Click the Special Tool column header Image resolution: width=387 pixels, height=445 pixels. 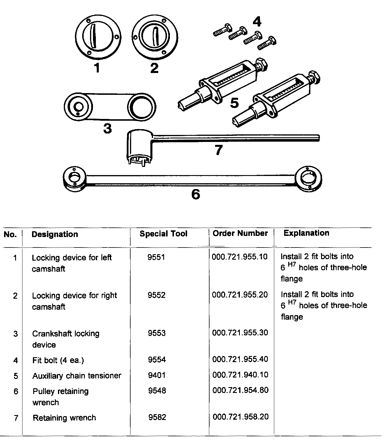[x=163, y=234]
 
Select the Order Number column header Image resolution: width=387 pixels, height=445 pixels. [x=240, y=233]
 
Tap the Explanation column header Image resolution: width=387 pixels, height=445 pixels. [x=306, y=233]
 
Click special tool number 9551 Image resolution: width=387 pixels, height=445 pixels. [x=156, y=257]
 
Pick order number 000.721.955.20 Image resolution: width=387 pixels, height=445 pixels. [x=240, y=295]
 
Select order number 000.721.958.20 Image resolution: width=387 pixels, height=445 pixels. [x=240, y=417]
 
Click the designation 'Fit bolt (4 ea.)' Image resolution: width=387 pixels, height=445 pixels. [x=58, y=360]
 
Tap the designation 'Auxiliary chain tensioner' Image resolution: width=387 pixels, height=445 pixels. [x=77, y=376]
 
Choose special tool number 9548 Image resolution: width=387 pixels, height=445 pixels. [x=157, y=390]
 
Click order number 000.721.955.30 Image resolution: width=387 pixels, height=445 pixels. [x=240, y=333]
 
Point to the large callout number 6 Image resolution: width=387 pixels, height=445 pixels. [x=196, y=194]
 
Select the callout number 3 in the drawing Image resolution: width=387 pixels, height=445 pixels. [x=108, y=128]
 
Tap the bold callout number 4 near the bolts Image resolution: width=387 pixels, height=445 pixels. [x=257, y=22]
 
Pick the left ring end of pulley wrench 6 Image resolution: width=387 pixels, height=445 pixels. [x=74, y=179]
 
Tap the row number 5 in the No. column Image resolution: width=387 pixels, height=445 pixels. [x=16, y=376]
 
